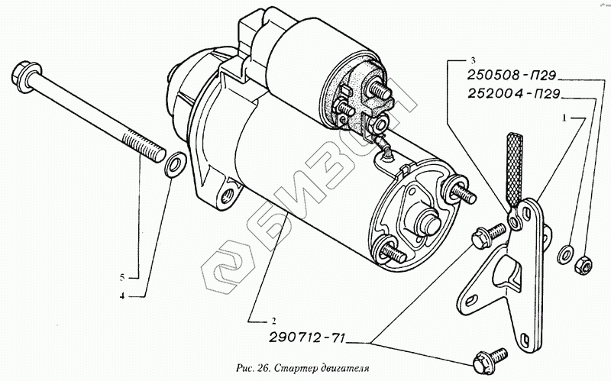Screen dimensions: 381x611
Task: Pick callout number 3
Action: pyautogui.click(x=473, y=60)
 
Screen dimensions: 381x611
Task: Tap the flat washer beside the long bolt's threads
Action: pyautogui.click(x=174, y=163)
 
